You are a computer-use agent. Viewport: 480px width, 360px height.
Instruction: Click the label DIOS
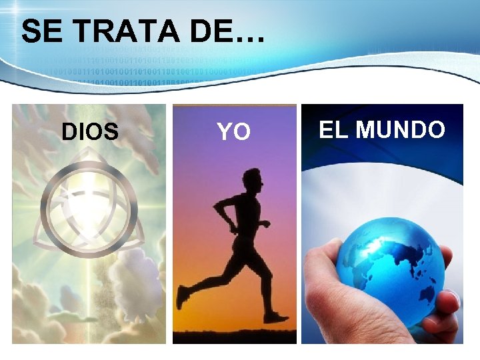pyautogui.click(x=90, y=131)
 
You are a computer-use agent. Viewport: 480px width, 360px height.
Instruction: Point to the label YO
pyautogui.click(x=234, y=132)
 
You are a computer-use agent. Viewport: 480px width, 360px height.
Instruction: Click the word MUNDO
pyautogui.click(x=400, y=129)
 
